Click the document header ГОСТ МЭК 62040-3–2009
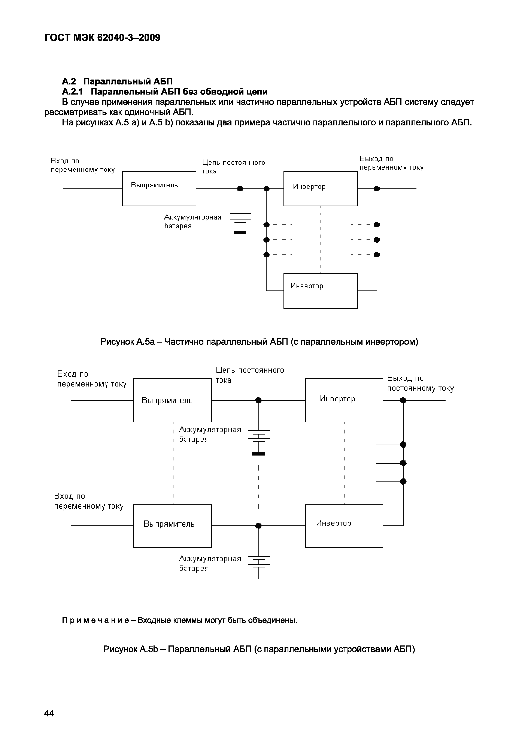(x=102, y=38)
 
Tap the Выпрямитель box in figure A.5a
(x=159, y=189)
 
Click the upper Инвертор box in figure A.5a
(x=320, y=189)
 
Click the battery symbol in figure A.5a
(x=240, y=223)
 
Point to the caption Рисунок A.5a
(x=259, y=342)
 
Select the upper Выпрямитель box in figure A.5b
(x=172, y=400)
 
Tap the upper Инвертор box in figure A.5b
(x=344, y=400)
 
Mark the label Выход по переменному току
(x=391, y=163)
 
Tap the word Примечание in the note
(x=95, y=620)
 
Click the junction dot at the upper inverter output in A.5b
(x=403, y=400)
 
